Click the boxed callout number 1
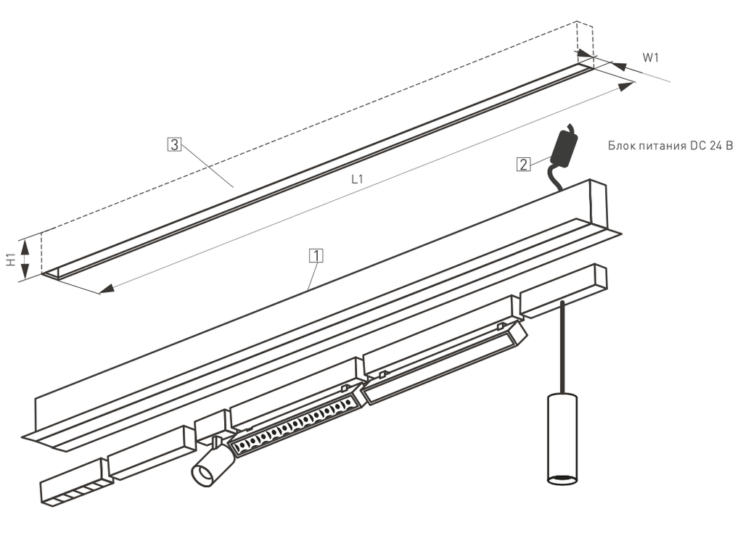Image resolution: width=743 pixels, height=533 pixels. pyautogui.click(x=316, y=255)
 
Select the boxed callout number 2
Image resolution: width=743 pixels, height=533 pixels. pyautogui.click(x=523, y=165)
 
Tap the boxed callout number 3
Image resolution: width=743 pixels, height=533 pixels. pyautogui.click(x=174, y=144)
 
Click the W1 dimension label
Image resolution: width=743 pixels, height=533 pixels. pyautogui.click(x=651, y=58)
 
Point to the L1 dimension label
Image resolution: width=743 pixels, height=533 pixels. pyautogui.click(x=357, y=178)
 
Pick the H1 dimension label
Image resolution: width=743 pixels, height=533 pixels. pyautogui.click(x=12, y=259)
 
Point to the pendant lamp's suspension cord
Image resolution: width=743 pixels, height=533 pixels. pyautogui.click(x=562, y=347)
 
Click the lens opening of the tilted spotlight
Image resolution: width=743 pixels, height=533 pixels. pyautogui.click(x=205, y=475)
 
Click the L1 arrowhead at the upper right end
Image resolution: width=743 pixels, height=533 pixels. pyautogui.click(x=625, y=86)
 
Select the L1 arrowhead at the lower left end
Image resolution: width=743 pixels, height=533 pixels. pyautogui.click(x=107, y=288)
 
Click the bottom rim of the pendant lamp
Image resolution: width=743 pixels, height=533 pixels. pyautogui.click(x=562, y=479)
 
